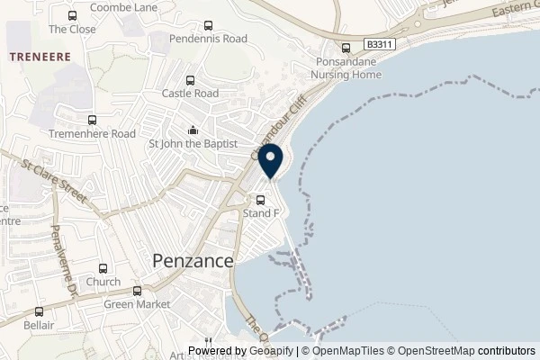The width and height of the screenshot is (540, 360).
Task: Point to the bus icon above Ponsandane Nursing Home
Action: point(346,49)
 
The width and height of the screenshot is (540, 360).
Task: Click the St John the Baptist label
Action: point(193,143)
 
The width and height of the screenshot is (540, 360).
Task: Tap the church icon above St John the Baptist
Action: point(193,129)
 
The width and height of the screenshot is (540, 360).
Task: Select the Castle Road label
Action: point(190,93)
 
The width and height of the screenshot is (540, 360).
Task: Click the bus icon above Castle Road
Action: point(190,78)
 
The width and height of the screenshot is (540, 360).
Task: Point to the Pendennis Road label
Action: point(209,40)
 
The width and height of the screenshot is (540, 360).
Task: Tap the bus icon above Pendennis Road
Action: point(209,25)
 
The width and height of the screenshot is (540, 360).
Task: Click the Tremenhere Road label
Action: point(92,134)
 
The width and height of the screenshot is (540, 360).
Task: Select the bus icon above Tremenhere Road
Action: point(92,120)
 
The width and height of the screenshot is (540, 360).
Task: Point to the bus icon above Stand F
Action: point(261,200)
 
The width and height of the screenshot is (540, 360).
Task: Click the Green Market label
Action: point(138,304)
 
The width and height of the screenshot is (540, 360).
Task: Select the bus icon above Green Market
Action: point(138,291)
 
